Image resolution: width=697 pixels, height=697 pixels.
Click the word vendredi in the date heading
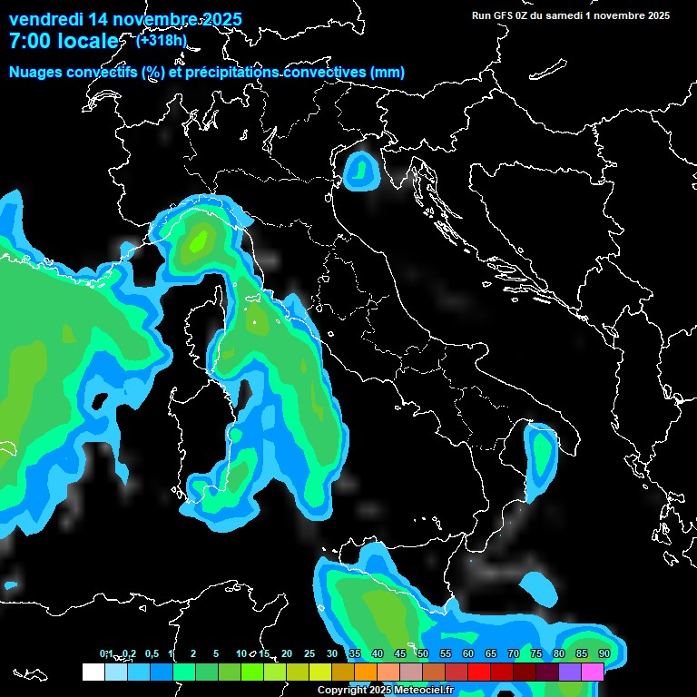45,19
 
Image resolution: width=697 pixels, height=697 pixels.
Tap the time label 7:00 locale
64,41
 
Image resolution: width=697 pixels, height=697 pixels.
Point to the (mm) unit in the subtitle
387,72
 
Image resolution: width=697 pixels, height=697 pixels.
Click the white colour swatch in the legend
93,672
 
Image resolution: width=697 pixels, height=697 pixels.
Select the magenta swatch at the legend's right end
593,672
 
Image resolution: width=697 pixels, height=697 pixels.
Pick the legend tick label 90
604,653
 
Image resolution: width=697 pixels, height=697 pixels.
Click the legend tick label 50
422,653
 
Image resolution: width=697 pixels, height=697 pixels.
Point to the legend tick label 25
309,653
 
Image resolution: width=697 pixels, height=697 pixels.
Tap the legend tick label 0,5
151,653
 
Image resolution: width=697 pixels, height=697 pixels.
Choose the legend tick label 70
513,653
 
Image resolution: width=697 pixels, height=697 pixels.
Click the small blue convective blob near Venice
361,170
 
